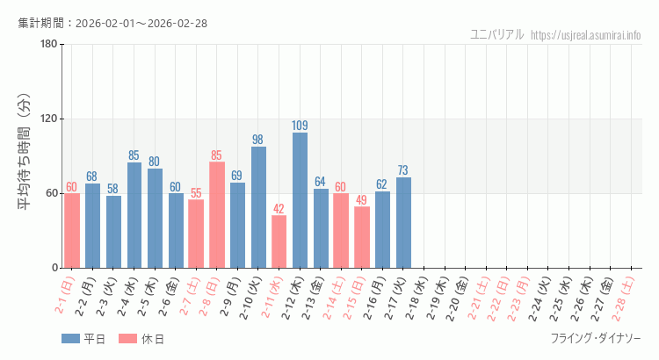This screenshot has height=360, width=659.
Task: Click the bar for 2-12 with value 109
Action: (300, 200)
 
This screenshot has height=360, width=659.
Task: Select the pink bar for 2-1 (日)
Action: (72, 230)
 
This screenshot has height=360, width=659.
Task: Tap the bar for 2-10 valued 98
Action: (258, 207)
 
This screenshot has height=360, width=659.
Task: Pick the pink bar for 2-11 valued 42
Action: (279, 241)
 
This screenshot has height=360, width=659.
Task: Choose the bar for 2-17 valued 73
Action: (403, 222)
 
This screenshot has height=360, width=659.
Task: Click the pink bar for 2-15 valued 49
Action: (362, 237)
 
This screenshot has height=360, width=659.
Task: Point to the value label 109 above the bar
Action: (300, 126)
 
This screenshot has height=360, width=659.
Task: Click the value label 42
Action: (279, 209)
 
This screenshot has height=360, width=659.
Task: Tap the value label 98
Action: (258, 140)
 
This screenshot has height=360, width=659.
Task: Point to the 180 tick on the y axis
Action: (48, 45)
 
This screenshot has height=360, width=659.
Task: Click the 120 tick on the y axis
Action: (48, 119)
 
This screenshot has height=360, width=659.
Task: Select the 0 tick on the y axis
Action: (54, 268)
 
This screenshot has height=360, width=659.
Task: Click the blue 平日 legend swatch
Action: (70, 339)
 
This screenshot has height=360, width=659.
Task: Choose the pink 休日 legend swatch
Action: (127, 339)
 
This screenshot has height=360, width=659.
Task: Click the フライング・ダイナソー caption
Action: (595, 339)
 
